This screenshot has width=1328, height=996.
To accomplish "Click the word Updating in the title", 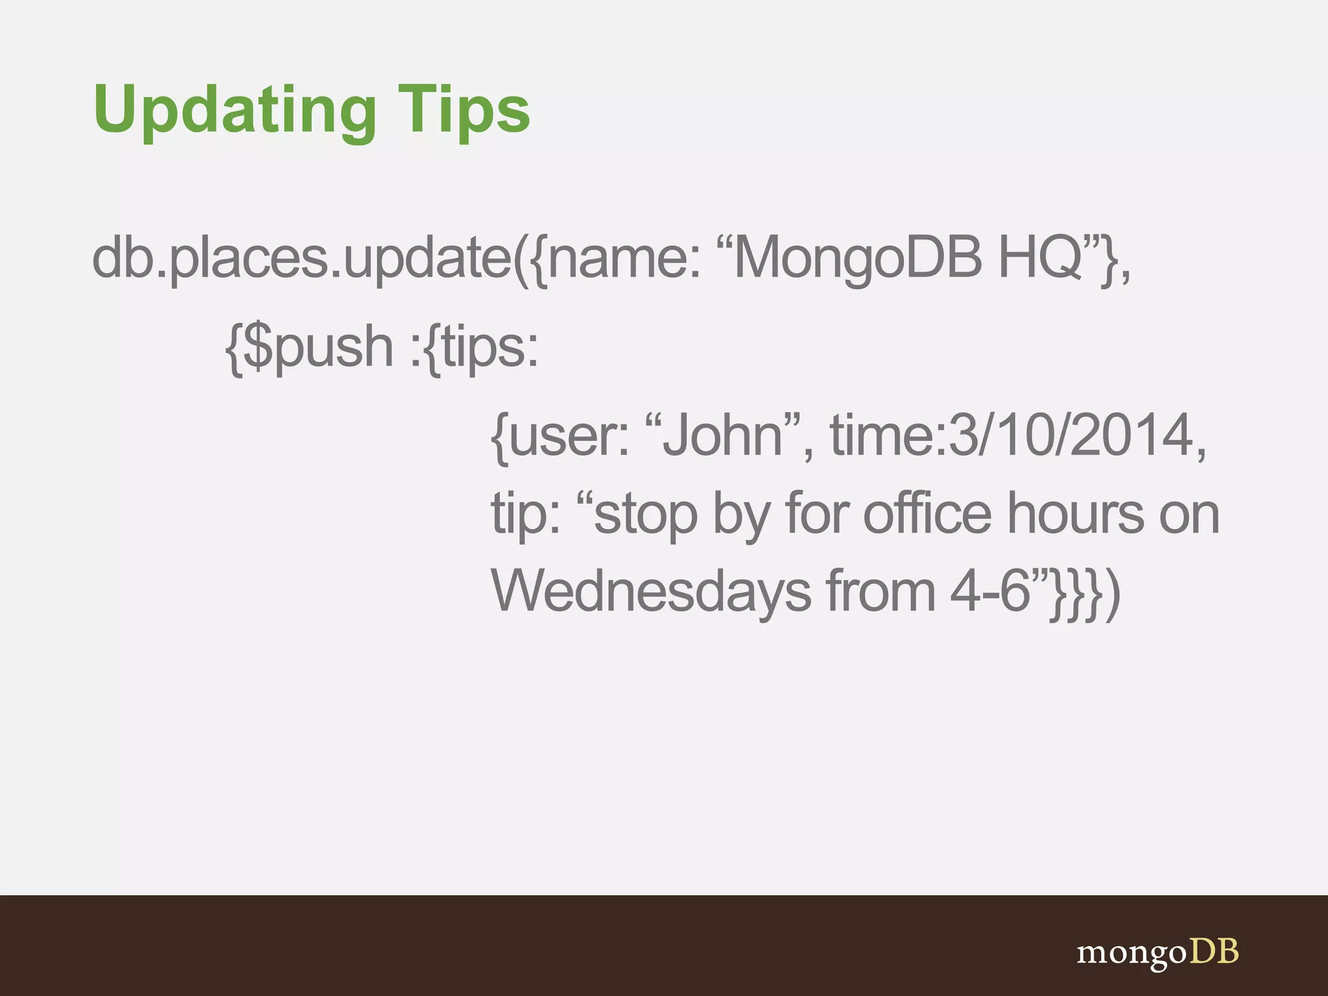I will click(x=234, y=110).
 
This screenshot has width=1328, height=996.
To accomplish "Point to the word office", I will click(x=927, y=514).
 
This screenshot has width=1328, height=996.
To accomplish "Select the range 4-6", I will click(x=990, y=591).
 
